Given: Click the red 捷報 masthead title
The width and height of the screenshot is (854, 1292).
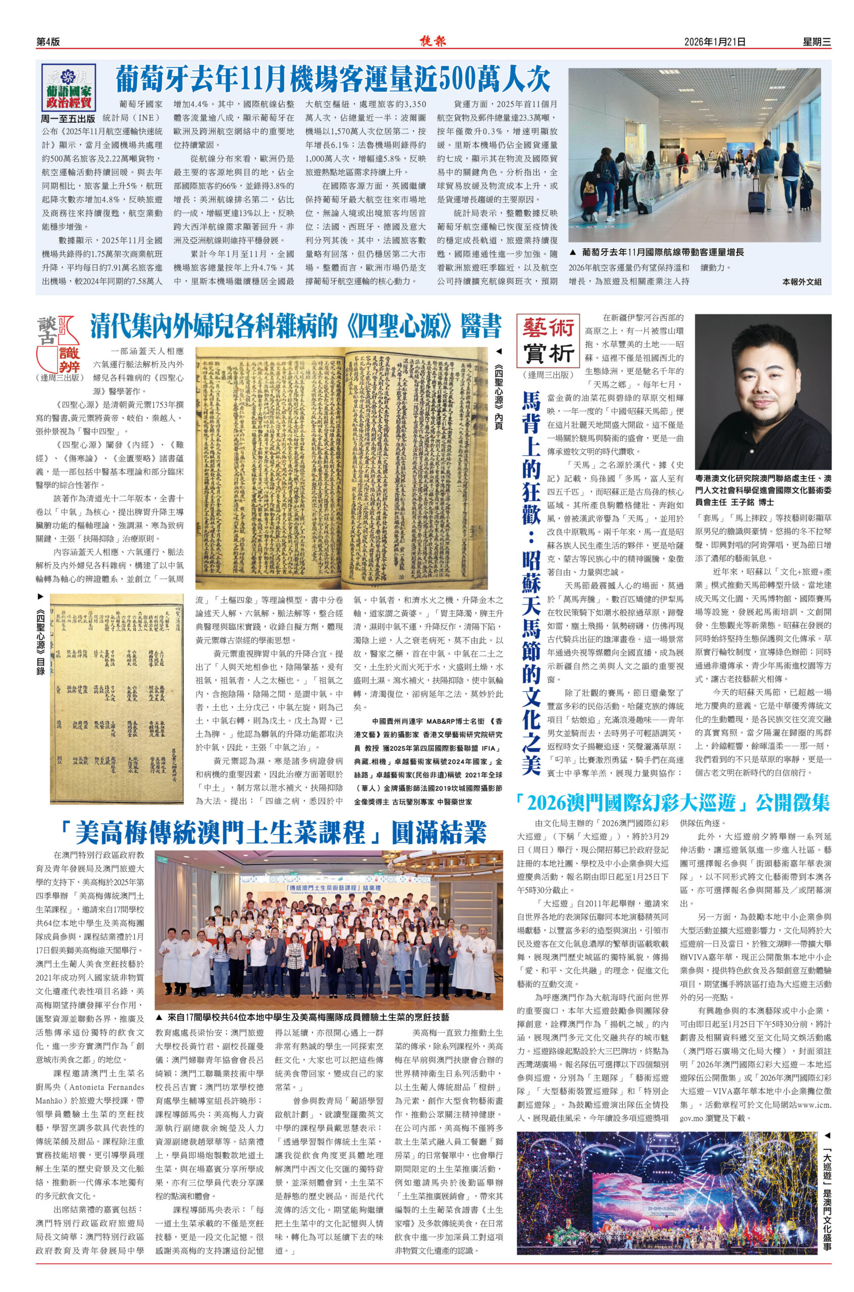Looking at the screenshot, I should (433, 41).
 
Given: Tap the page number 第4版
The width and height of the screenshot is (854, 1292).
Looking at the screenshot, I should (48, 42).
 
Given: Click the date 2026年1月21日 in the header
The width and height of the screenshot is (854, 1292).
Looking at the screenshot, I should (715, 42).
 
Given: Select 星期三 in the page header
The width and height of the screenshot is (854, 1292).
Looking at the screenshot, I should (817, 42).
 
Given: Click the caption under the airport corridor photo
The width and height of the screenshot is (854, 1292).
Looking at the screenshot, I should (662, 253).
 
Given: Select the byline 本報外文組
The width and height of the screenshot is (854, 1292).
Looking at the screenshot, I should (801, 282).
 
